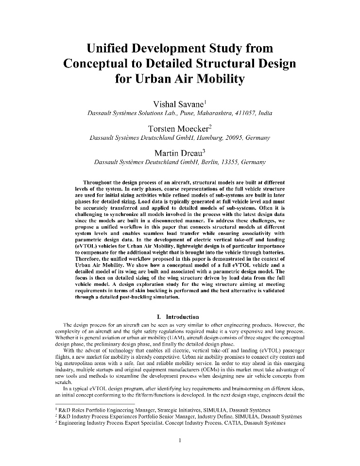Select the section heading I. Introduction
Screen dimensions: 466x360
point(180,317)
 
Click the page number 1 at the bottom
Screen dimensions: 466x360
point(180,440)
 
